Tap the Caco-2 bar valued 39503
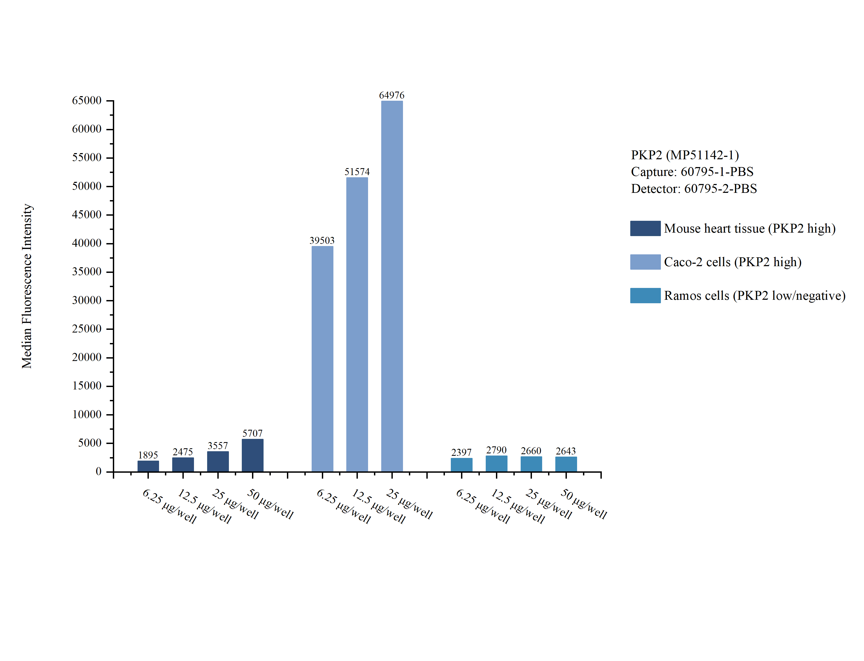tap(322, 359)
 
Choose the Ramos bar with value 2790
tap(496, 464)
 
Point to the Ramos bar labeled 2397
tap(462, 465)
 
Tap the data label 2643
tap(566, 451)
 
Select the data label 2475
tap(183, 452)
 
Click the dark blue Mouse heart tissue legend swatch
tap(645, 228)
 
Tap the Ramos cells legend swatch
tap(645, 295)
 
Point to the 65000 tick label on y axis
tap(87, 100)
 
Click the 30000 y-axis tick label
tap(87, 300)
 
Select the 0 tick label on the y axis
tap(98, 471)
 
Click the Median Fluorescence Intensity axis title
tap(27, 286)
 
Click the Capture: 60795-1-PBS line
tap(692, 172)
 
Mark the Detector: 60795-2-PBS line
tap(694, 189)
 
